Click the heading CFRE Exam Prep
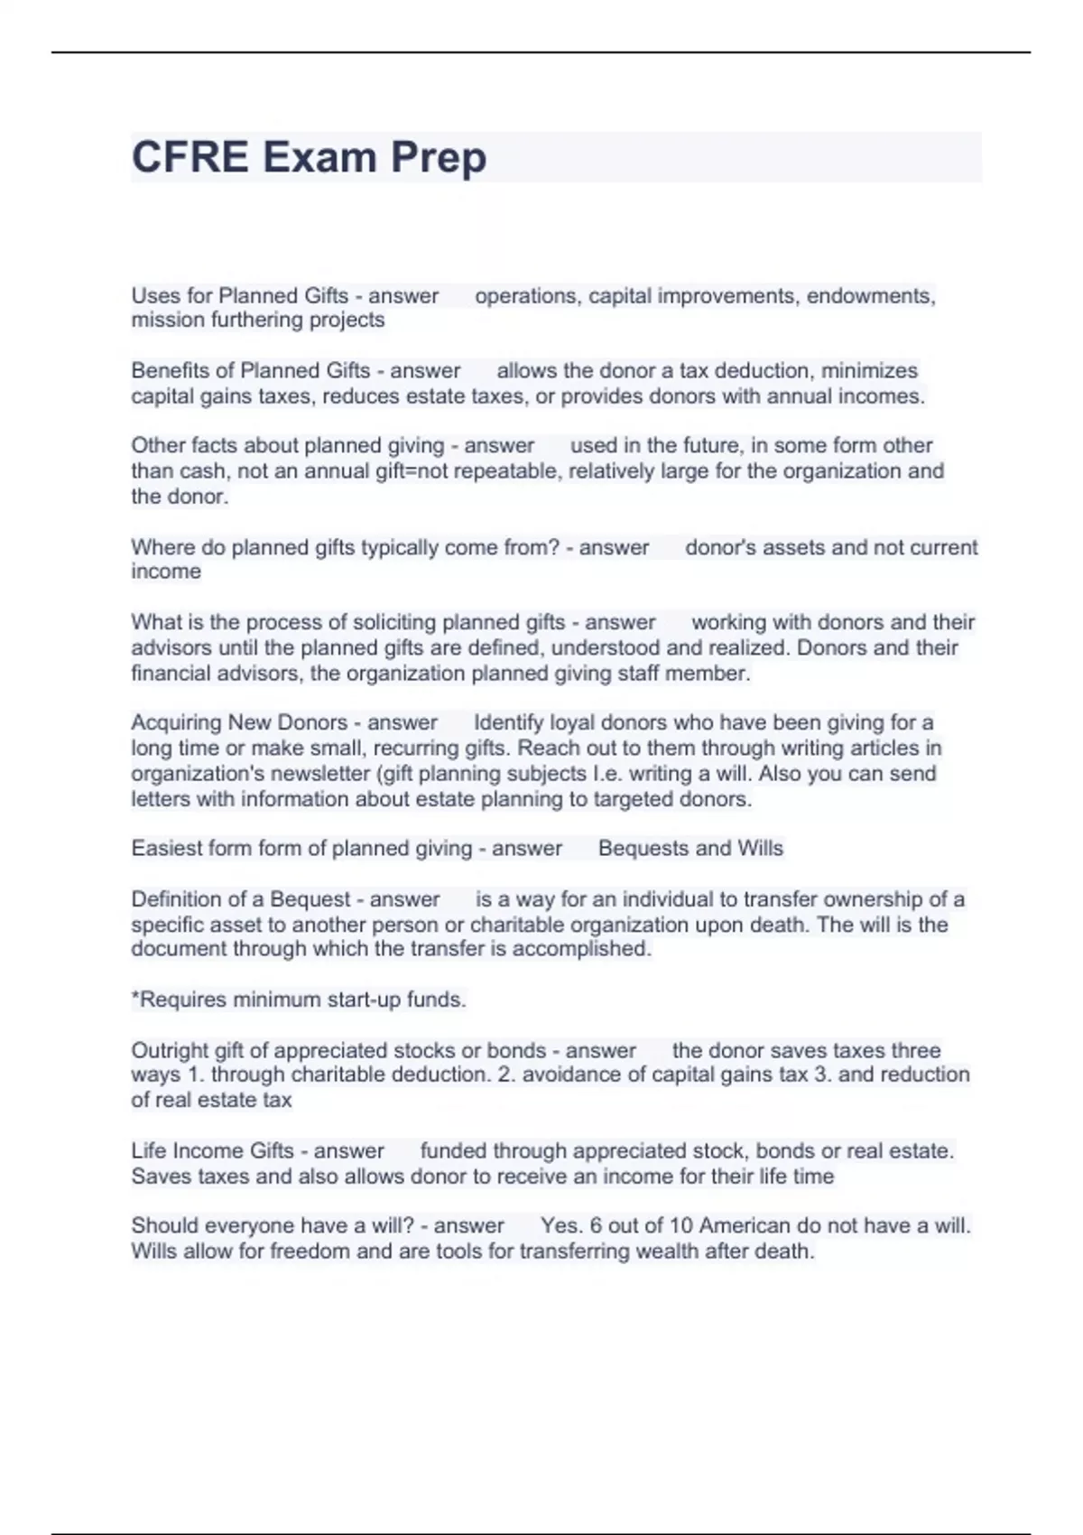coord(309,157)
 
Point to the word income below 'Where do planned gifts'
coord(166,572)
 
